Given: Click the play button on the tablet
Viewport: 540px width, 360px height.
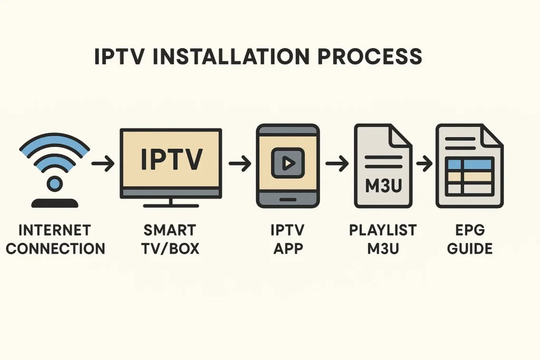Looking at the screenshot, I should coord(287,163).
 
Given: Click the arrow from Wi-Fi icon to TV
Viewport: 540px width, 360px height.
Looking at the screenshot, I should coord(103,164).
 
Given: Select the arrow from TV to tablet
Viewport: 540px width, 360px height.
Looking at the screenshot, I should coord(239,164).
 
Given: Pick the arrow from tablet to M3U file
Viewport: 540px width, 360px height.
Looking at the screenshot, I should coord(337,164).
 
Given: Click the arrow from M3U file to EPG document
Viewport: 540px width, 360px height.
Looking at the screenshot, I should coord(423,164).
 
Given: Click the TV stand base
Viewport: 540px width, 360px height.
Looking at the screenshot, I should coord(170,205).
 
